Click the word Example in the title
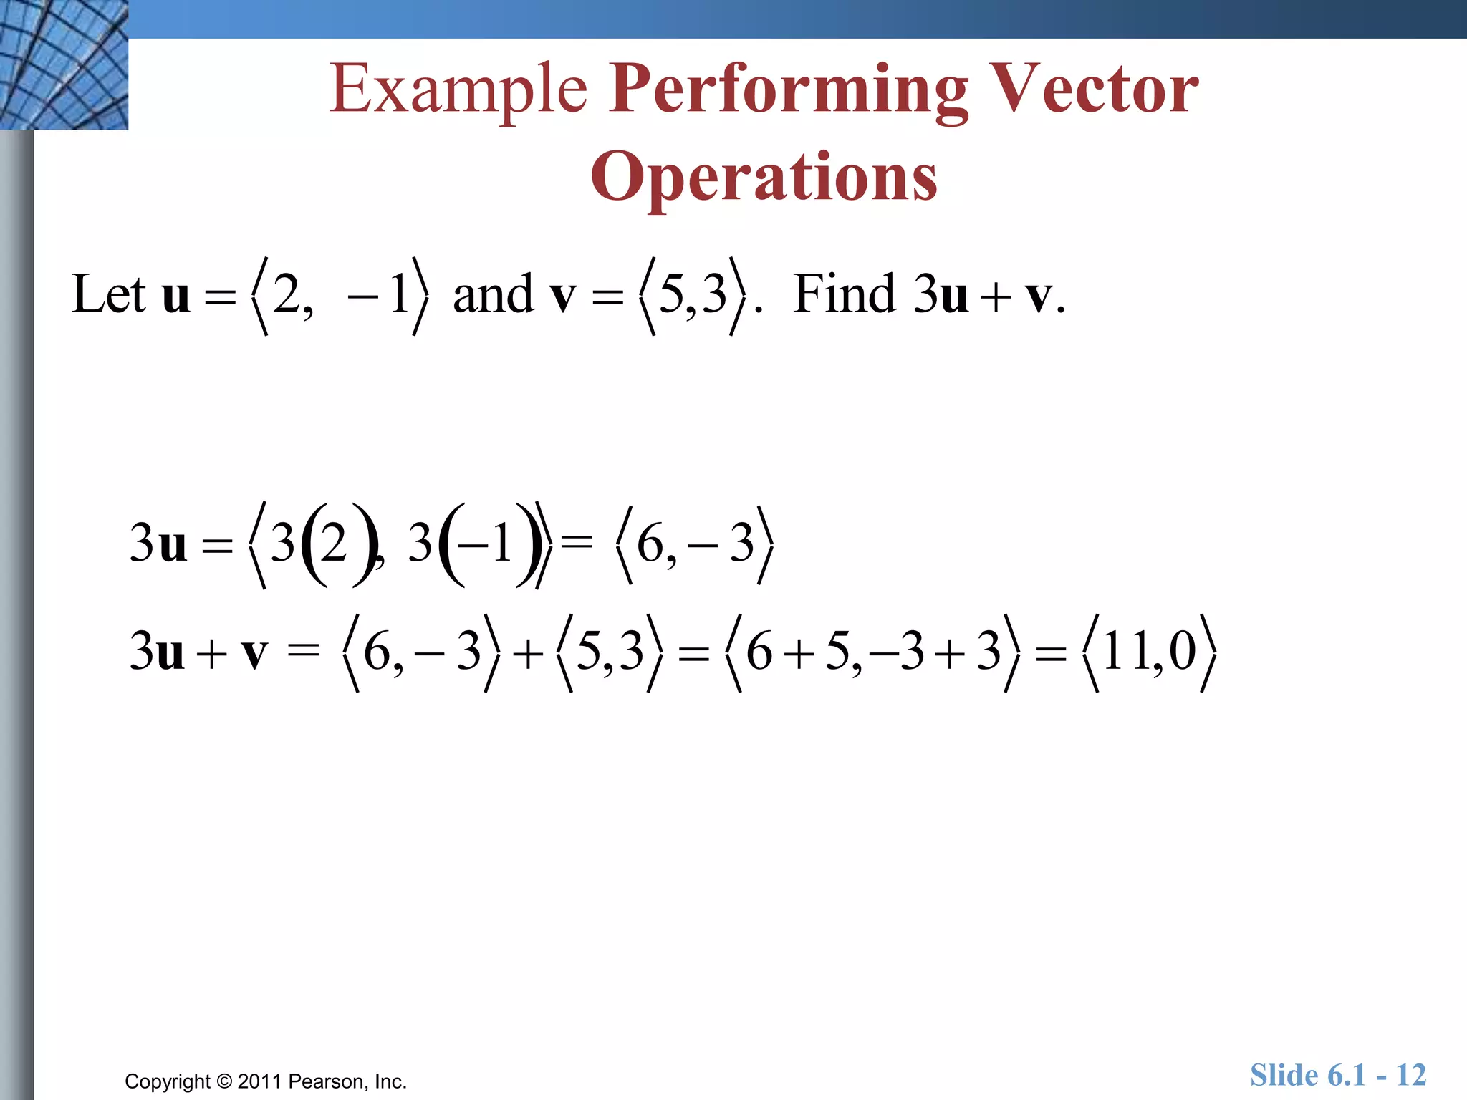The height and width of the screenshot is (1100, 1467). click(458, 89)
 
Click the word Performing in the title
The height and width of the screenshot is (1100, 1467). click(788, 89)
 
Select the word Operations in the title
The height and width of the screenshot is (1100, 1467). click(764, 176)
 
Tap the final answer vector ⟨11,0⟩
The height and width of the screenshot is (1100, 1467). click(1150, 652)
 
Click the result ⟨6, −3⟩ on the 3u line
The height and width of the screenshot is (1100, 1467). click(695, 544)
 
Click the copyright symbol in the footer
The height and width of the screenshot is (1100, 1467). click(224, 1081)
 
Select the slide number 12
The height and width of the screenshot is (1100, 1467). click(1411, 1075)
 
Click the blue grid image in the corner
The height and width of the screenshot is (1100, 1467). click(64, 64)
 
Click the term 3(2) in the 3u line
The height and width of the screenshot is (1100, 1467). click(322, 544)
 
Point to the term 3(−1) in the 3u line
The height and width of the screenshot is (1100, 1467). click(473, 544)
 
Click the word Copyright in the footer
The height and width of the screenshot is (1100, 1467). click(168, 1081)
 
